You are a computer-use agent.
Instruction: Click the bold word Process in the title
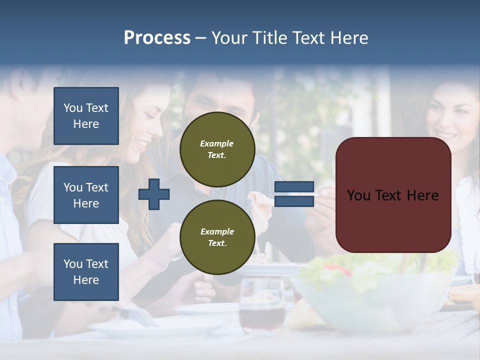[157, 38]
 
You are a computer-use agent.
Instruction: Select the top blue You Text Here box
[86, 116]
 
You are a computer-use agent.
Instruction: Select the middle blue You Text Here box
[86, 195]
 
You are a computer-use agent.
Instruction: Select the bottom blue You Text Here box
[86, 272]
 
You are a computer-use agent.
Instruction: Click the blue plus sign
[154, 194]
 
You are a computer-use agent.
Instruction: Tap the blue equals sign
[294, 194]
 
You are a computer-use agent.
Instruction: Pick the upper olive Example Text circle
[217, 149]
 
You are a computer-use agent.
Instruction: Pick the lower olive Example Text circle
[217, 237]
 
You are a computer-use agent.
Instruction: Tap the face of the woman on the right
[450, 120]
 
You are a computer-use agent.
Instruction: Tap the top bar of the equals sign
[294, 187]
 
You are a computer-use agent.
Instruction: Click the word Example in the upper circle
[217, 143]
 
